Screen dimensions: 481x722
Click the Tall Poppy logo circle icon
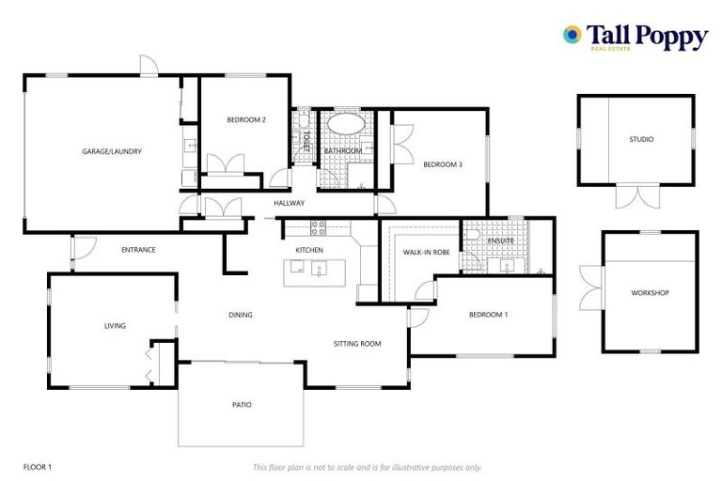pyautogui.click(x=571, y=35)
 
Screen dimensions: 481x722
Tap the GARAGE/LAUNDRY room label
pyautogui.click(x=112, y=150)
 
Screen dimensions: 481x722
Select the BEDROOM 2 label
pyautogui.click(x=246, y=120)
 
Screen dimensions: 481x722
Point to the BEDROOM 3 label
pyautogui.click(x=442, y=164)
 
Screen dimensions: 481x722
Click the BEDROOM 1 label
pyautogui.click(x=488, y=315)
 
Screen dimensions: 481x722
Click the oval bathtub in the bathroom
pyautogui.click(x=344, y=124)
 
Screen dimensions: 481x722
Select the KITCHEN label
pyautogui.click(x=309, y=250)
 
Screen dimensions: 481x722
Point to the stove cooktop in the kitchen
pyautogui.click(x=318, y=226)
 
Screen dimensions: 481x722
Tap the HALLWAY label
pyautogui.click(x=289, y=203)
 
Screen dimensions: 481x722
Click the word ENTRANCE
pyautogui.click(x=138, y=250)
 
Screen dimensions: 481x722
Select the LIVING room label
pyautogui.click(x=115, y=326)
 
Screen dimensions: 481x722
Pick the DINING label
pyautogui.click(x=241, y=315)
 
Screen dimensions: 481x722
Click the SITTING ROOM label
pyautogui.click(x=357, y=344)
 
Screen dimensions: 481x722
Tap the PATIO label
pyautogui.click(x=242, y=405)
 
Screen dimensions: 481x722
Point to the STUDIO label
pyautogui.click(x=641, y=140)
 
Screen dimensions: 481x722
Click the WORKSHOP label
pyautogui.click(x=650, y=293)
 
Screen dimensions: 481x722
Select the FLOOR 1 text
pyautogui.click(x=38, y=467)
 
